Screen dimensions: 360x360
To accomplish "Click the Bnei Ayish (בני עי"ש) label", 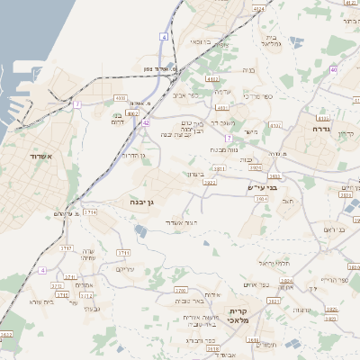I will [259, 186].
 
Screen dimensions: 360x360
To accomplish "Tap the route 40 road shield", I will [333, 69].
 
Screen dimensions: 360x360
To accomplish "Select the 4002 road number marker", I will [132, 114].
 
